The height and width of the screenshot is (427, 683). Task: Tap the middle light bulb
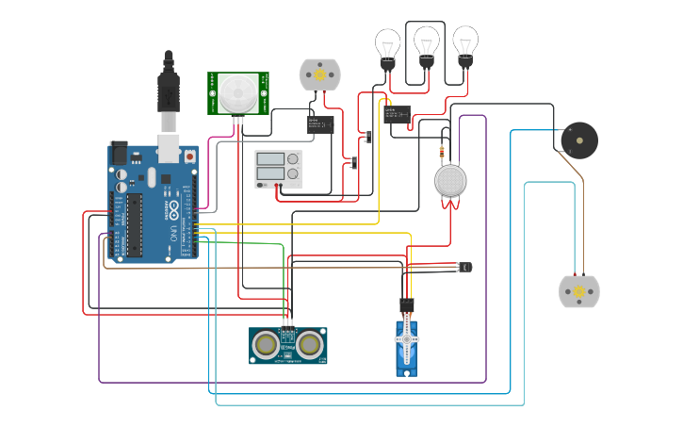pyautogui.click(x=427, y=43)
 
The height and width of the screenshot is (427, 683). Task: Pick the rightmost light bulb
pyautogui.click(x=465, y=43)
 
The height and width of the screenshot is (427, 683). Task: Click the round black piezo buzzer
pyautogui.click(x=578, y=140)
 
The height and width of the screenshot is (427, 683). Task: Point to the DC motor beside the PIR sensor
pyautogui.click(x=319, y=74)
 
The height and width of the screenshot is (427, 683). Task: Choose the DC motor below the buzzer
pyautogui.click(x=578, y=291)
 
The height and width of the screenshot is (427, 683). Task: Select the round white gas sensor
pyautogui.click(x=451, y=180)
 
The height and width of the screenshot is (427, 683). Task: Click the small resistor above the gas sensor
pyautogui.click(x=442, y=150)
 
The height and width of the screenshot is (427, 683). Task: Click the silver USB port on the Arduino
pyautogui.click(x=169, y=146)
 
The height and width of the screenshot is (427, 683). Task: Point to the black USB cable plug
pyautogui.click(x=169, y=90)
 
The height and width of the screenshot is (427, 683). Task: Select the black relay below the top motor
pyautogui.click(x=320, y=123)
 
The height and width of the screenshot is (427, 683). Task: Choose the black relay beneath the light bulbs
pyautogui.click(x=396, y=115)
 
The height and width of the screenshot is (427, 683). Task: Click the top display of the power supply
pyautogui.click(x=270, y=159)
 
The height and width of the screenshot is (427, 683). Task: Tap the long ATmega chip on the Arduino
pyautogui.click(x=135, y=223)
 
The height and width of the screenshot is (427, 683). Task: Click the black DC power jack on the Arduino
pyautogui.click(x=120, y=152)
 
